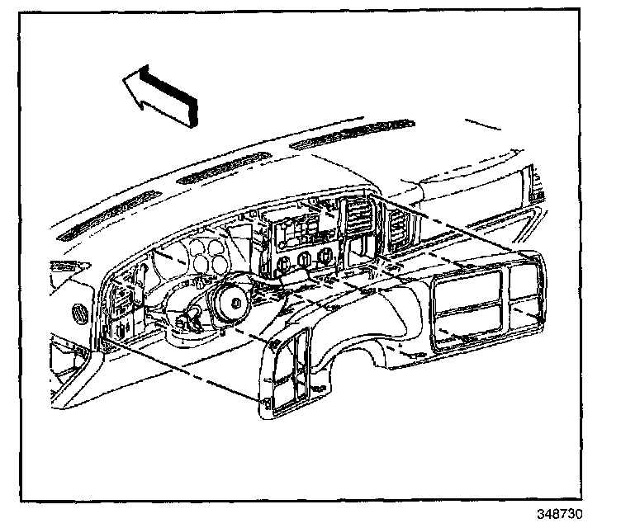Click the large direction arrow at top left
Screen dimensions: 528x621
(x=162, y=93)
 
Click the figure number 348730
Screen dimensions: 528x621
(x=561, y=513)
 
